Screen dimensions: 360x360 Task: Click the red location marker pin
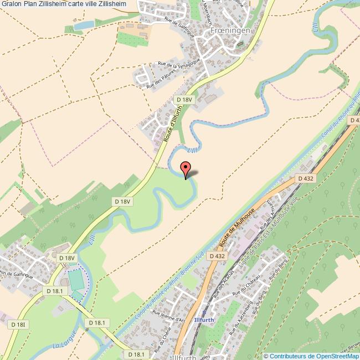coord(186,168)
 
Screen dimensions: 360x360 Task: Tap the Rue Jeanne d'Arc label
coord(168,316)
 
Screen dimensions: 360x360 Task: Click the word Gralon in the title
coord(11,4)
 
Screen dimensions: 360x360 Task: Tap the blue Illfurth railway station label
coord(204,320)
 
